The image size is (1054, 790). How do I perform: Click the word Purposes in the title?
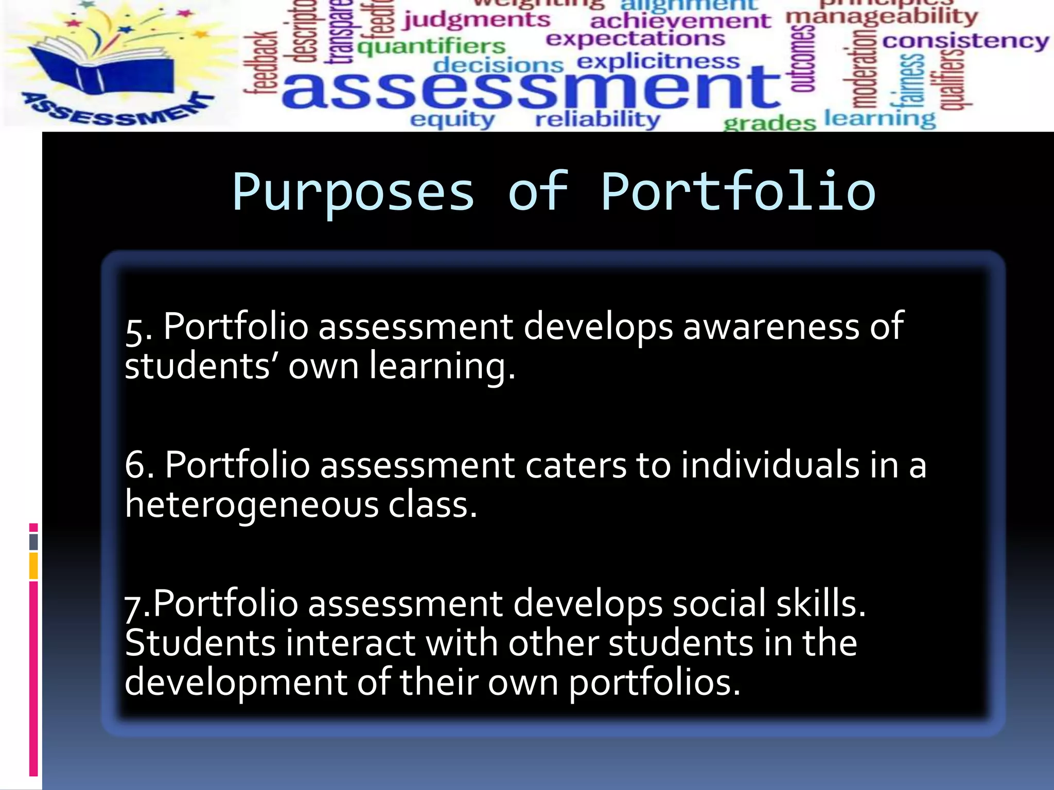[353, 193]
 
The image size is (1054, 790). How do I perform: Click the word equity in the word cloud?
[452, 120]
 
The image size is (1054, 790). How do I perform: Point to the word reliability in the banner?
[598, 119]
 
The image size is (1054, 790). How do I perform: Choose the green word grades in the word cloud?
[769, 123]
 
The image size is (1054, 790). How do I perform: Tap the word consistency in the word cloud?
[965, 41]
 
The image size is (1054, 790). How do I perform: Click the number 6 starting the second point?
[135, 465]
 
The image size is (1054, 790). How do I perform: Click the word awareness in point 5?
[771, 326]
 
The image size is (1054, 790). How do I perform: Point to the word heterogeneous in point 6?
[252, 505]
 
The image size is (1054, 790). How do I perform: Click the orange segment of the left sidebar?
[33, 566]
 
